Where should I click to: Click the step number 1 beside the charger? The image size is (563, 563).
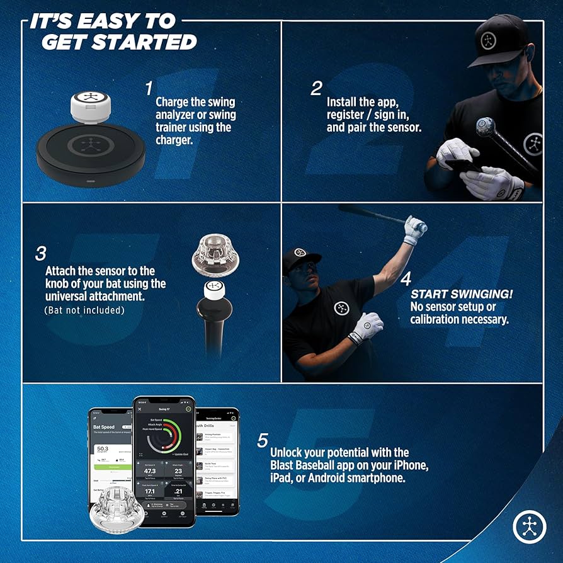[149, 87]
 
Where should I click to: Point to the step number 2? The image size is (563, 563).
[316, 88]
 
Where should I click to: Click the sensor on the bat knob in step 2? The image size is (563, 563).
[485, 126]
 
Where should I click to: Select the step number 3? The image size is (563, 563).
[41, 253]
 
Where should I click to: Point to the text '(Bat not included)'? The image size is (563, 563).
[84, 310]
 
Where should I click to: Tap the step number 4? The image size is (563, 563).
[406, 278]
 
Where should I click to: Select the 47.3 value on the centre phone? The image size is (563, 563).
[150, 470]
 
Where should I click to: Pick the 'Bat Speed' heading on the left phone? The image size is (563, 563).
[105, 426]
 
